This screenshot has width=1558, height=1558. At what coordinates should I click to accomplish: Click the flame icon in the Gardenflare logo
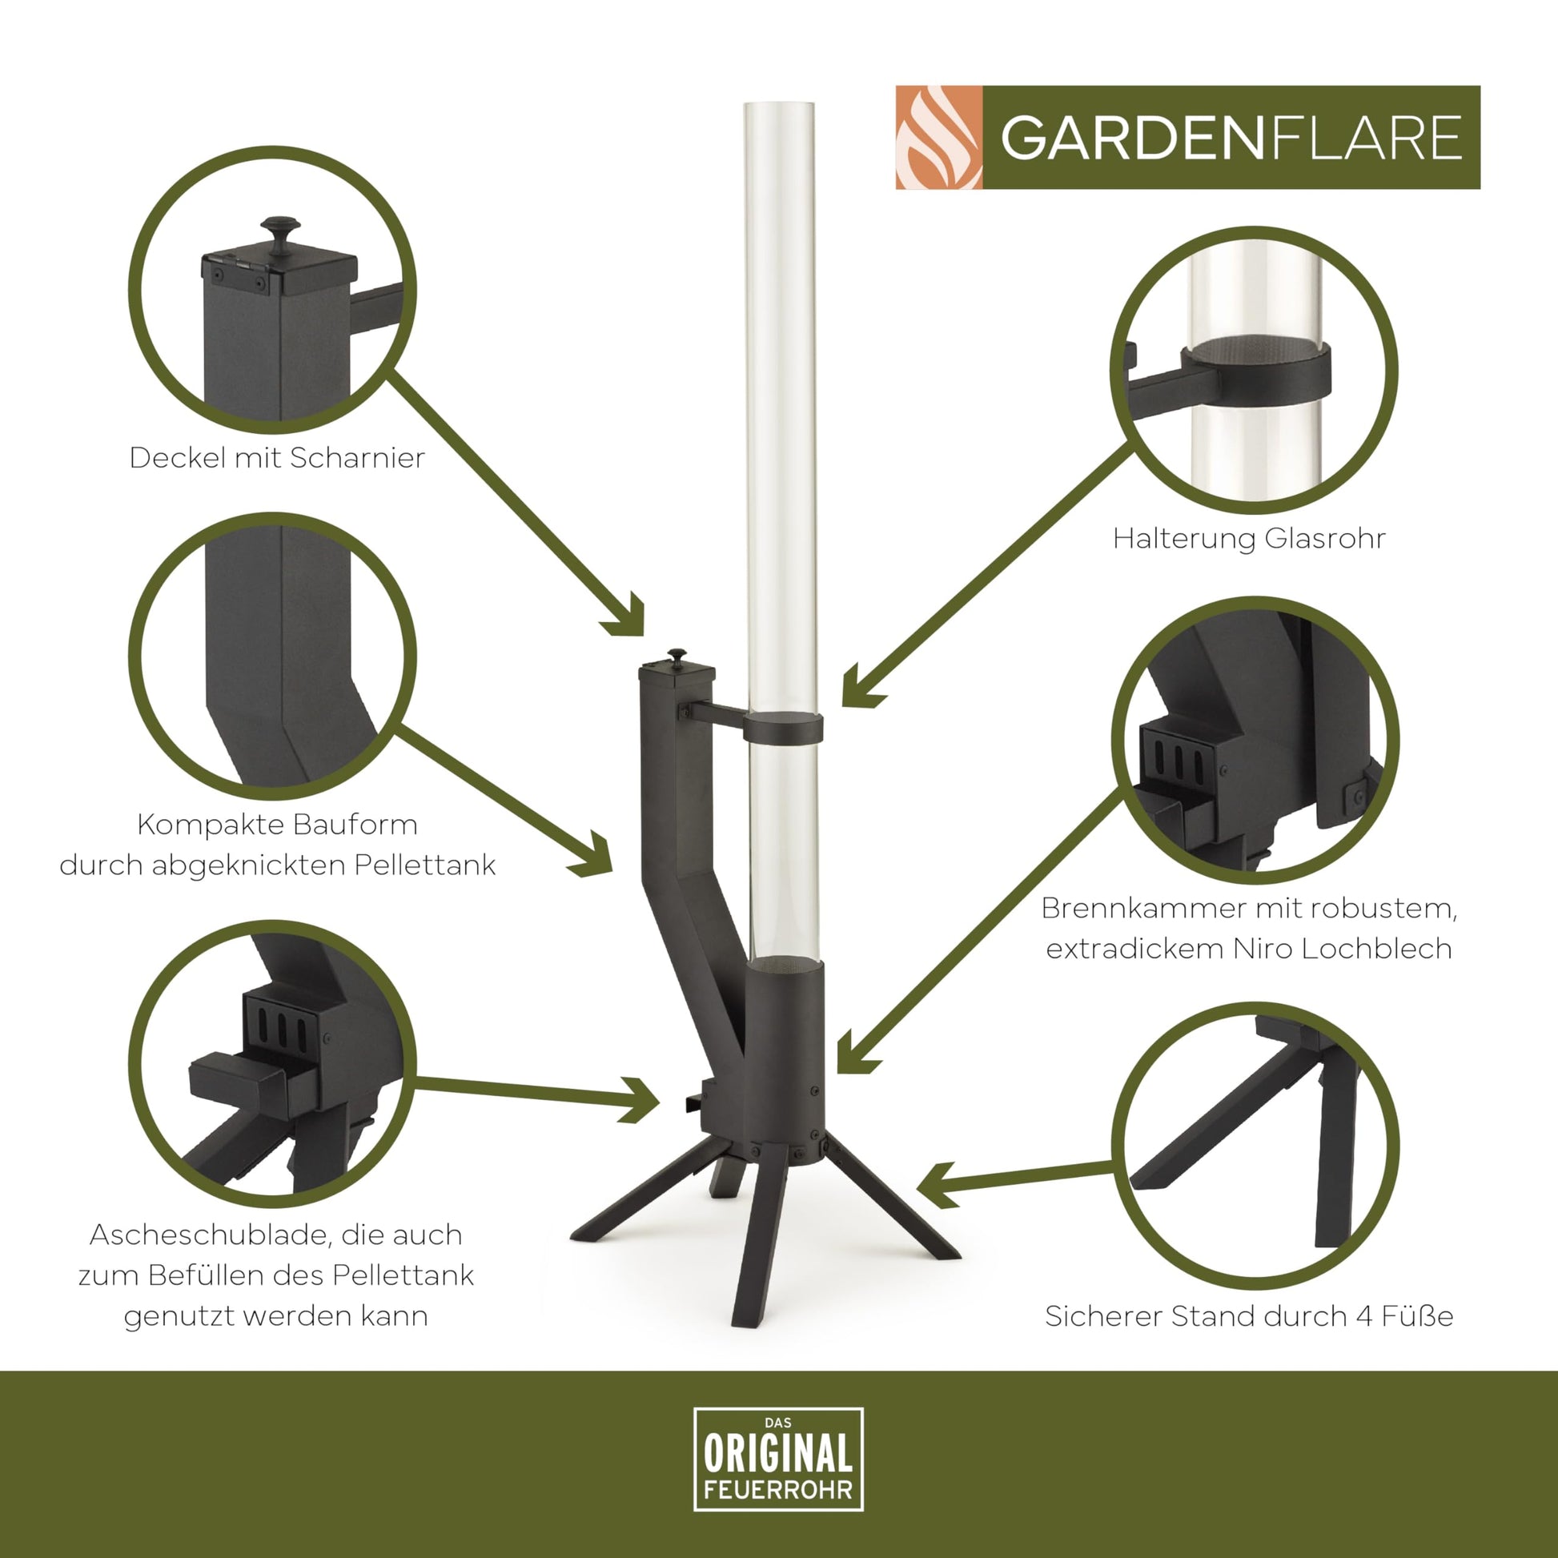tap(939, 137)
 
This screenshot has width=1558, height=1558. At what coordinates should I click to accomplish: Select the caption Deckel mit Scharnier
tap(277, 457)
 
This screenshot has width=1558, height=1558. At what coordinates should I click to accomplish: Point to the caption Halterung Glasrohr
tap(1249, 538)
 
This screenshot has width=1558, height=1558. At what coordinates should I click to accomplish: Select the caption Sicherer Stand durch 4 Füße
tap(1249, 1316)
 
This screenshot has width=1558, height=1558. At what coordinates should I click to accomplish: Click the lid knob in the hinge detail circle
tap(280, 235)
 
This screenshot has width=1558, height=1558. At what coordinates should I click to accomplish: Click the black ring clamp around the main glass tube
tap(783, 728)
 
